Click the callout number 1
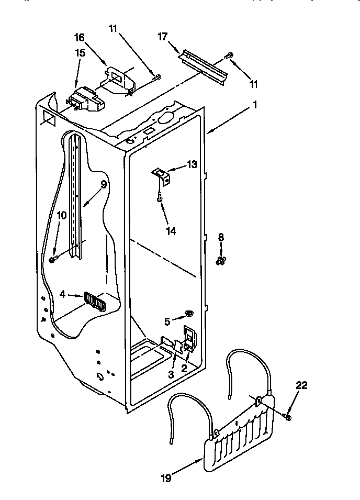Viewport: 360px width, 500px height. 254,104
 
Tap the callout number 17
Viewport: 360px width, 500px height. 162,37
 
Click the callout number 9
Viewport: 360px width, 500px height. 104,184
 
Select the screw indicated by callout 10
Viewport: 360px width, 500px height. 52,259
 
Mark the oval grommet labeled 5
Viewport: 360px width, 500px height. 189,314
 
